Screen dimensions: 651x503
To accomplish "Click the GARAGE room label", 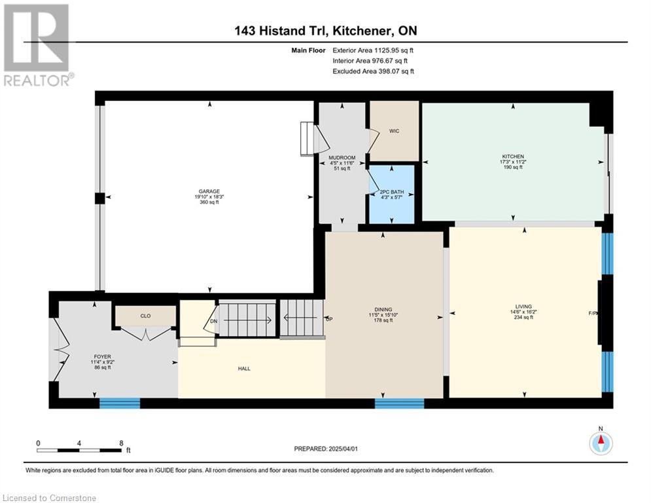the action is click(x=209, y=192).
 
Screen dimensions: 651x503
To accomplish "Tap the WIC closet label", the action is click(x=394, y=131).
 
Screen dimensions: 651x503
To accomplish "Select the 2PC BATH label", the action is click(x=392, y=192).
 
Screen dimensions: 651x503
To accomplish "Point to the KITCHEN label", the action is click(x=513, y=157).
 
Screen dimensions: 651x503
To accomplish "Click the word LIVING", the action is click(x=523, y=307).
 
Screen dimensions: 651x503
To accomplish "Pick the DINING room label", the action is click(x=383, y=309).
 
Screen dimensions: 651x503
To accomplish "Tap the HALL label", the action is click(x=244, y=368).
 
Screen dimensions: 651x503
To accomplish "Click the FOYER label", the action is click(x=103, y=357).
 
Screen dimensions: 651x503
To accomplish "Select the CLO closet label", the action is click(x=145, y=316).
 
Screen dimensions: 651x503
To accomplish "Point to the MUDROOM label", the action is click(x=342, y=158).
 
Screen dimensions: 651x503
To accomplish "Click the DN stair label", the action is click(x=213, y=322).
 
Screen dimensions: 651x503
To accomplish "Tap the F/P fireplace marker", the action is click(x=593, y=314).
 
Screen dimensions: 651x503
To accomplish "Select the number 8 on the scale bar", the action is click(x=121, y=443).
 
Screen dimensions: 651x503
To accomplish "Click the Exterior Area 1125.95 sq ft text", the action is click(x=373, y=50).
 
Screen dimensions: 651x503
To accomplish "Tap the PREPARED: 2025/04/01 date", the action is click(x=326, y=449).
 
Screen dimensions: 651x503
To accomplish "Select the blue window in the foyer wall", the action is click(x=120, y=403).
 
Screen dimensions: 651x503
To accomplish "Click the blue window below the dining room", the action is click(x=399, y=403).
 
